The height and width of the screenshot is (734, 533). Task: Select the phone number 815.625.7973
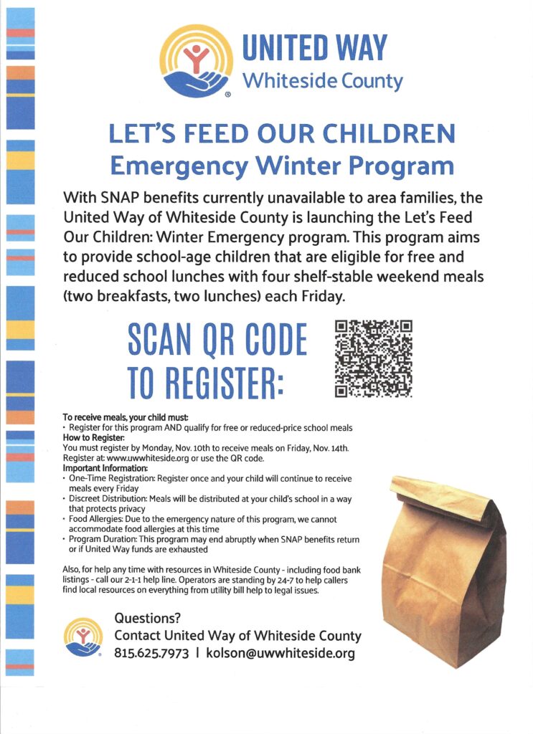coord(151,653)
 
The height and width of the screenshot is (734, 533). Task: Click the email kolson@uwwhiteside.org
coord(280,653)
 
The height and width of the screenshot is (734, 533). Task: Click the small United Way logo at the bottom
coord(83,637)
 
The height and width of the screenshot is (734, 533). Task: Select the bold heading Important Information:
coord(103,468)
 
